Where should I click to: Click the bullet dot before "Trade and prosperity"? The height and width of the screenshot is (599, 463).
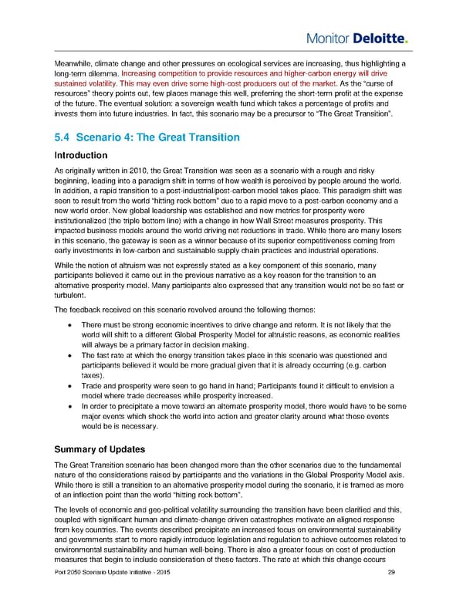[x=71, y=386]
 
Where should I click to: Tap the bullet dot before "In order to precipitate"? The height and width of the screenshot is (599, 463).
[x=71, y=405]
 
